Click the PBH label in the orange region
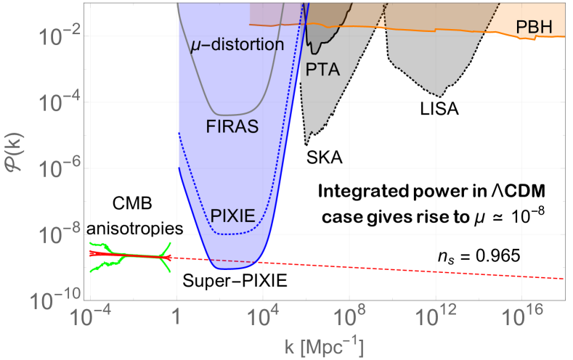(x=535, y=28)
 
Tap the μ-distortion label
(x=237, y=45)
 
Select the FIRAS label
(x=233, y=128)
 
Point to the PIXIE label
(x=233, y=216)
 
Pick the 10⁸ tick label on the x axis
(x=349, y=317)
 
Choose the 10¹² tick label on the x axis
(x=435, y=317)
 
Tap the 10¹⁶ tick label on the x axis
(x=521, y=317)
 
